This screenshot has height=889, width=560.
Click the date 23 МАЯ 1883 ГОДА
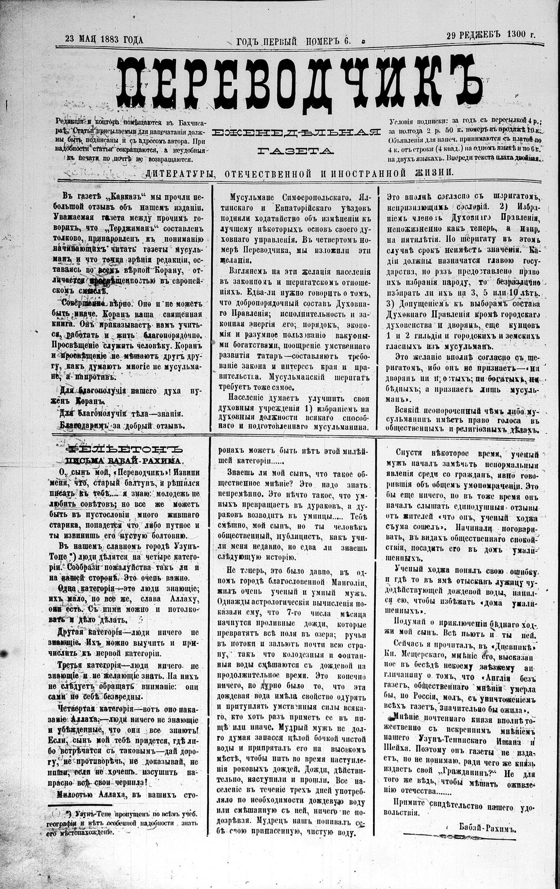(x=104, y=40)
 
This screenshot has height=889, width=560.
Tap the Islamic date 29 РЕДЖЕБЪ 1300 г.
(x=491, y=35)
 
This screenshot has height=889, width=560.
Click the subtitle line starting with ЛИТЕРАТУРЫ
(x=299, y=173)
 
